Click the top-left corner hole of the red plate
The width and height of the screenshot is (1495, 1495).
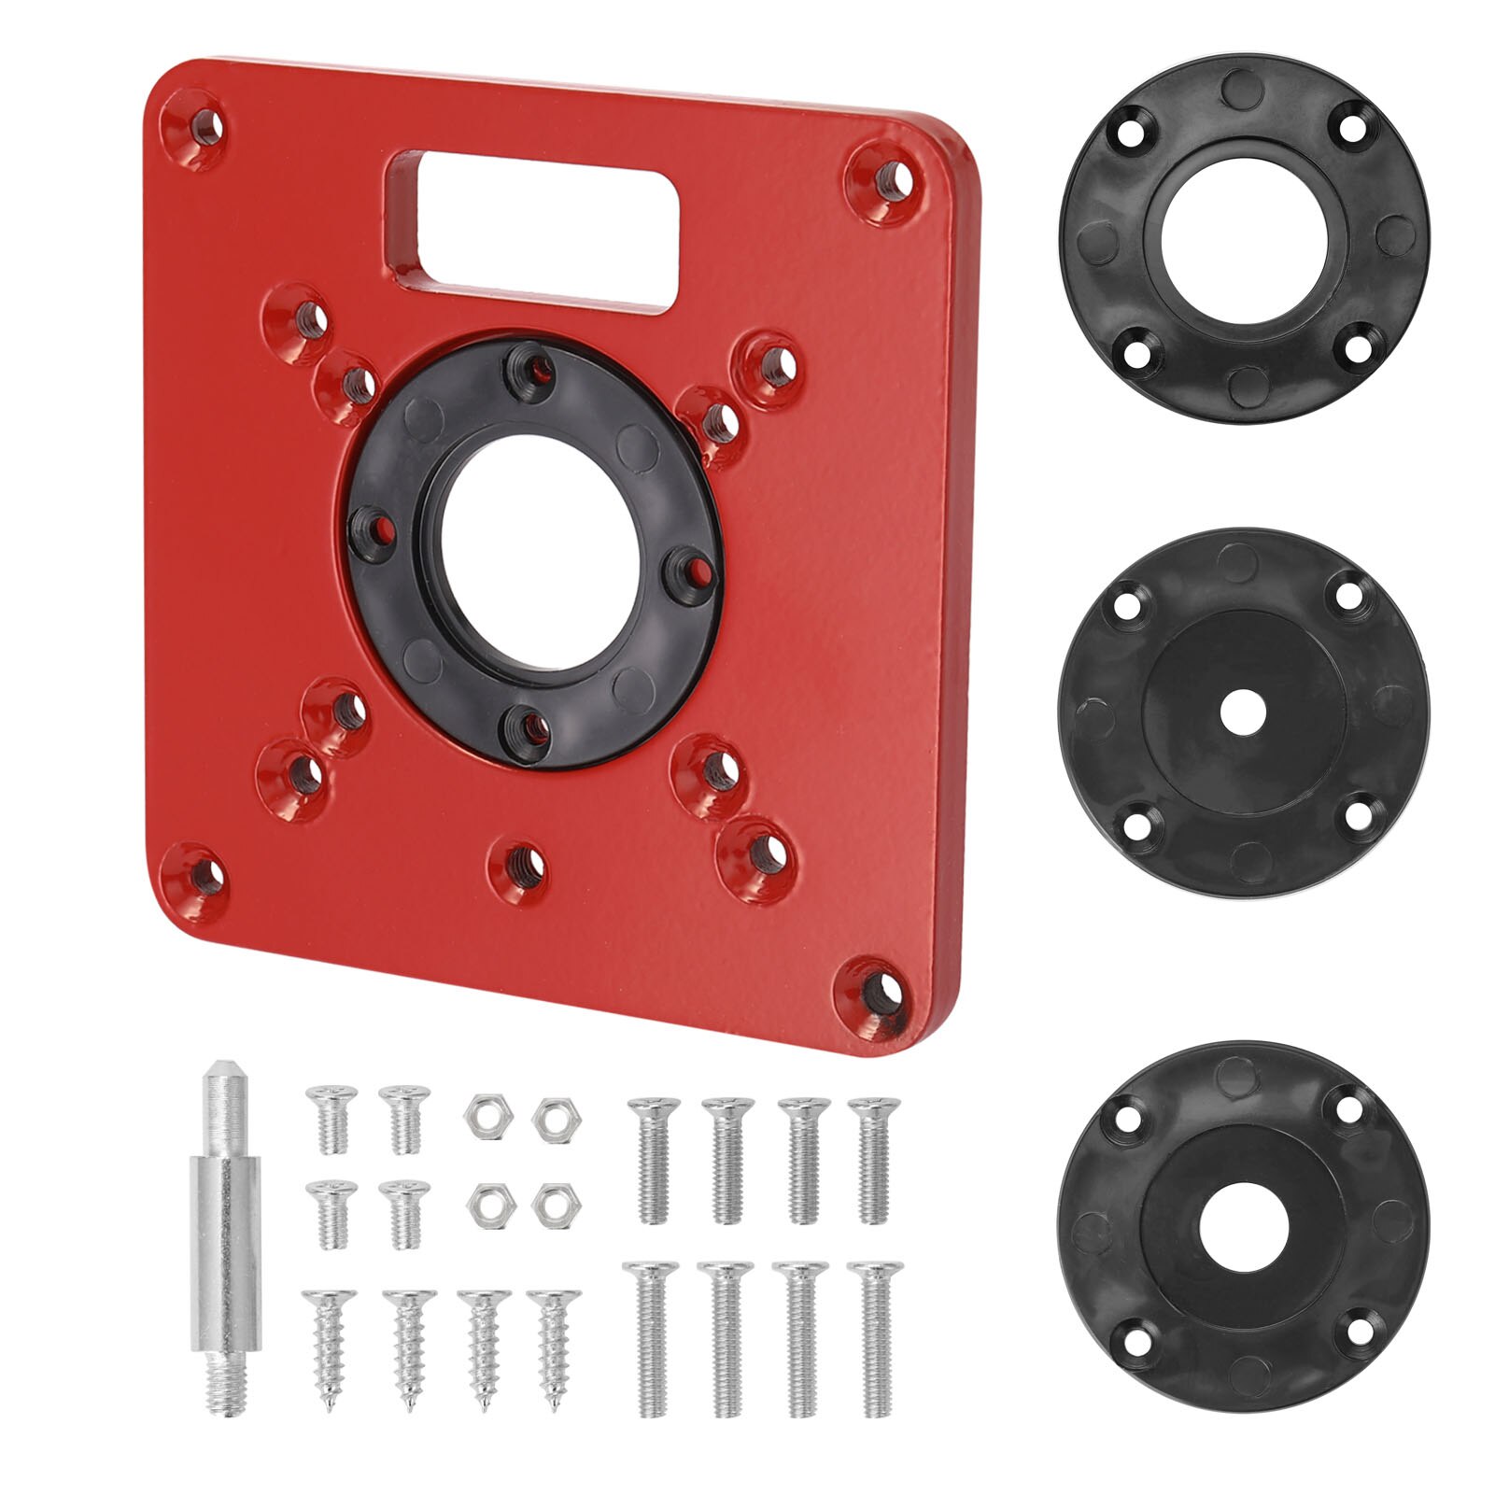coord(202,125)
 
